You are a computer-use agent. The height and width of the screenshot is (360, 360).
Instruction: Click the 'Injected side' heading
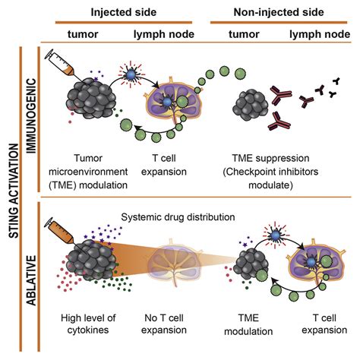[124, 12]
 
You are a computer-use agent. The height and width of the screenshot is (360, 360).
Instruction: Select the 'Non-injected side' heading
[279, 12]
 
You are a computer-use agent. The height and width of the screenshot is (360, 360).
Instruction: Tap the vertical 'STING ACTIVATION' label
[14, 191]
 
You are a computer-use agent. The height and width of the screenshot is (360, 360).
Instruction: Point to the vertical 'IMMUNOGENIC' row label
[32, 115]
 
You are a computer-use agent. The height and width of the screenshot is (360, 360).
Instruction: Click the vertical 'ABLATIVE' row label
[32, 280]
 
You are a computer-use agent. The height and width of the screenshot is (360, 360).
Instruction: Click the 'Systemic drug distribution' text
[178, 217]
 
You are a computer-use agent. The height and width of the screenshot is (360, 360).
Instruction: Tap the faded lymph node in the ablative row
[175, 263]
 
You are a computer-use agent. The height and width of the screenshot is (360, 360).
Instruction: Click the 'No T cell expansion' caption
[164, 324]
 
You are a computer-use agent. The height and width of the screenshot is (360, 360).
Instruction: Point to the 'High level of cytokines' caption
[88, 324]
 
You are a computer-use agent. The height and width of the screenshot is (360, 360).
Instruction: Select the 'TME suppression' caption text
[270, 158]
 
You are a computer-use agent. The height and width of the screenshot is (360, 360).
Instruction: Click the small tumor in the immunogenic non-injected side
[251, 106]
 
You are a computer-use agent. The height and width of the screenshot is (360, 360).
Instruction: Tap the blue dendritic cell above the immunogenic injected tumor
[131, 74]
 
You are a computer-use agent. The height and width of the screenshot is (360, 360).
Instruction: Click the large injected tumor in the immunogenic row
[91, 97]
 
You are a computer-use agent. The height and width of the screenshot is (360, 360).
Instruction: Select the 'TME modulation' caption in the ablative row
[248, 324]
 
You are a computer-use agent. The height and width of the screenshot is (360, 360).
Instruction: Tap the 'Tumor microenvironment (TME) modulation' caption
[88, 172]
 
